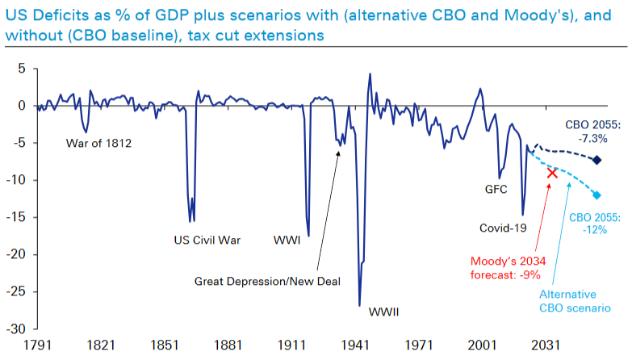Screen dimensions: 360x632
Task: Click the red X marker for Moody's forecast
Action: click(552, 173)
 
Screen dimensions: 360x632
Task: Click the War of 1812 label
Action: click(99, 144)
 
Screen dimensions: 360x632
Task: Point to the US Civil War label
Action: click(207, 240)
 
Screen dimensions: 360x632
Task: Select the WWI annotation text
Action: click(287, 240)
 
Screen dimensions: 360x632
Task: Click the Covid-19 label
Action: click(502, 228)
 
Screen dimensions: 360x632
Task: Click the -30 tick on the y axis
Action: click(18, 329)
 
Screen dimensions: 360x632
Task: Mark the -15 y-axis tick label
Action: click(18, 217)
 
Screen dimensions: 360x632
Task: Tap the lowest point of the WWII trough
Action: click(359, 306)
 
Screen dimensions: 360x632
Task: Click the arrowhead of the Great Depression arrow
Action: click(339, 150)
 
